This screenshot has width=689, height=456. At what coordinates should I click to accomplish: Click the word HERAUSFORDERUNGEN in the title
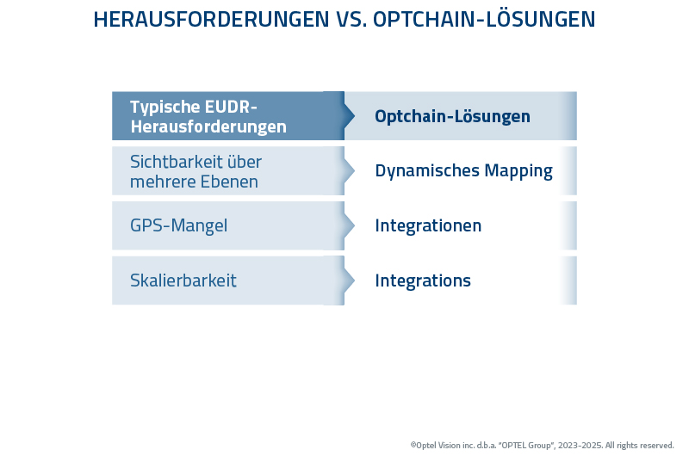click(211, 20)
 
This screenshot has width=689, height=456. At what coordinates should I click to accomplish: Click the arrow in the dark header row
click(348, 116)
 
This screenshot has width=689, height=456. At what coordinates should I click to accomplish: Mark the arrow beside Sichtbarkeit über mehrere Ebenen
click(348, 170)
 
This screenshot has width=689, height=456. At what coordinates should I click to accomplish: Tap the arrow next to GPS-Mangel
click(348, 225)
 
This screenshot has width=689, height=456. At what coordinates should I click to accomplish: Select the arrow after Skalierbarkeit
click(348, 280)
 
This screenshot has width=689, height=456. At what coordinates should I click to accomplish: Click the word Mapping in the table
click(518, 170)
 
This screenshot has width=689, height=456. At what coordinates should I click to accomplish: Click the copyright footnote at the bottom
click(542, 445)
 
